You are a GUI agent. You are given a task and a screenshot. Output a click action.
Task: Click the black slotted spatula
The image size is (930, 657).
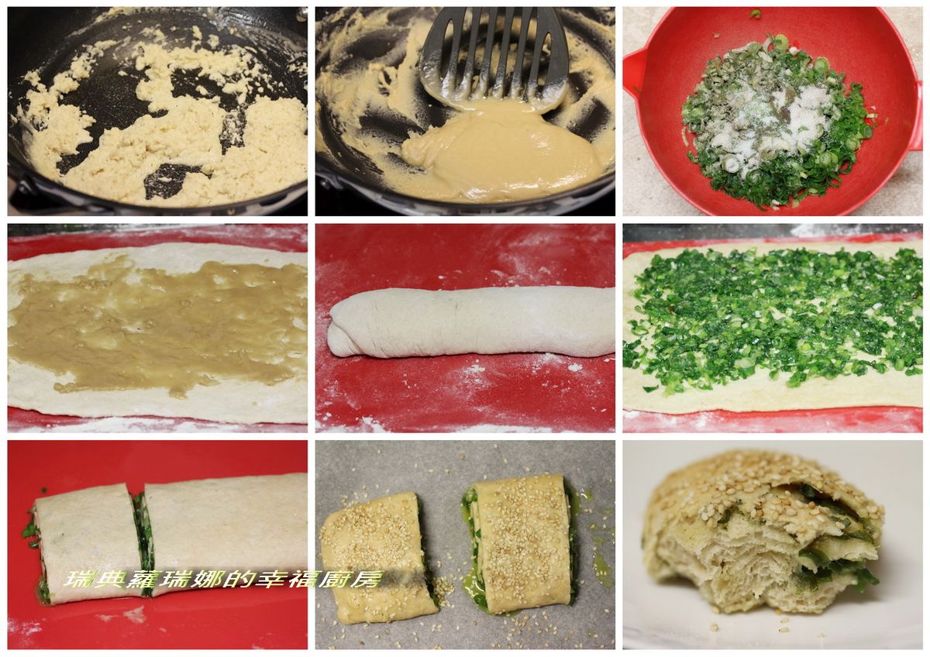pos(494,58)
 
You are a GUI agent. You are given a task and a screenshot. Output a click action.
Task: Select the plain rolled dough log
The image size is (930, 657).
pos(471,321)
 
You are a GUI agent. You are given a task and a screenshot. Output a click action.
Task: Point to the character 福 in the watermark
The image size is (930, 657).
pos(304,579)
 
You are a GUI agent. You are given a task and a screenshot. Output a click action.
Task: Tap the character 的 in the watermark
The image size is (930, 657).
pos(240,579)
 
